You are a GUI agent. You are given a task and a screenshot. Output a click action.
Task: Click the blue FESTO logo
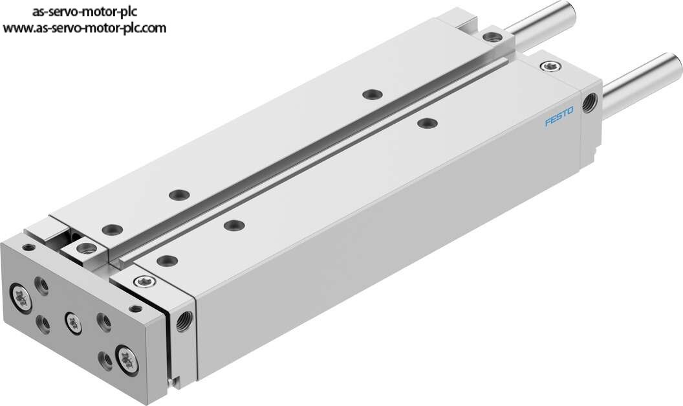(559, 116)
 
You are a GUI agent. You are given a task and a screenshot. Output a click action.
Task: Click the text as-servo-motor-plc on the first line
(85, 12)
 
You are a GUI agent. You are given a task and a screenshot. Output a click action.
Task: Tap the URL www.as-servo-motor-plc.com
(85, 28)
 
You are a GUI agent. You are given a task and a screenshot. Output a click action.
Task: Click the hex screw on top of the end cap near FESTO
(550, 66)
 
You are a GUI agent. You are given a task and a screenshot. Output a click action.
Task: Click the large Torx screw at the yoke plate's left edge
(21, 299)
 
